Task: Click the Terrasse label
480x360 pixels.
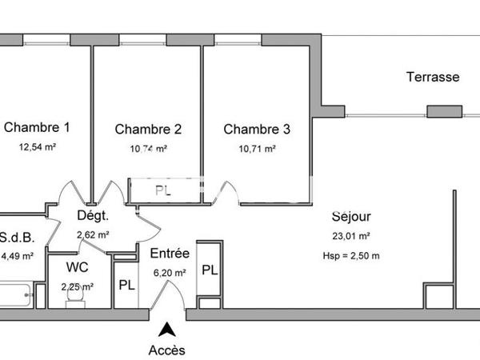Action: coord(433,78)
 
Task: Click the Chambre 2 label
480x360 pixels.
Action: coord(148,129)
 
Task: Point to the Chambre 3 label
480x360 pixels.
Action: coord(257,129)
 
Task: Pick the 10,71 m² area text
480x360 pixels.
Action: coord(257,149)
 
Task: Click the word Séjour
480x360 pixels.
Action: coord(351,216)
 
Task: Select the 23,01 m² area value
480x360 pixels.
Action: coord(351,236)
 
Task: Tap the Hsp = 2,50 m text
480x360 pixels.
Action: coord(351,255)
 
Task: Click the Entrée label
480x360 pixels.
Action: coord(170,254)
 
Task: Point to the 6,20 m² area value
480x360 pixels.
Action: coord(170,273)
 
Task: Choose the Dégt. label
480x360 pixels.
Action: coord(93,215)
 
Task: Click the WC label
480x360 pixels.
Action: coord(78,267)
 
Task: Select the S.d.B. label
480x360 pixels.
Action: coord(17,238)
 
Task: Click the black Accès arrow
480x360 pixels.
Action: coord(166,328)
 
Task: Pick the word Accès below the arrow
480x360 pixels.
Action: coord(166,350)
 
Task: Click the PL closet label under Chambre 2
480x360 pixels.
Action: coord(163,191)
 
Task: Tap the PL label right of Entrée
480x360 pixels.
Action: coord(209,270)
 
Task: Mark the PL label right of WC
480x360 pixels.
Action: coord(126,285)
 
